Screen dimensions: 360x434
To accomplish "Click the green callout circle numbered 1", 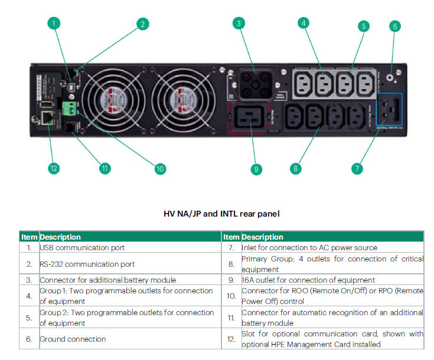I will tap(54, 24).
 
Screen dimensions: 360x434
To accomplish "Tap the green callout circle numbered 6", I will tap(395, 26).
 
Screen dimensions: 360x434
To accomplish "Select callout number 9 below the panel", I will tap(256, 169).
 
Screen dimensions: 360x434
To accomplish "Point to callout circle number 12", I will tap(54, 168).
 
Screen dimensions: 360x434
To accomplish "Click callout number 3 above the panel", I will tap(238, 24).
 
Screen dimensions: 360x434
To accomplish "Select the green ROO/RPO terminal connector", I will tap(70, 107).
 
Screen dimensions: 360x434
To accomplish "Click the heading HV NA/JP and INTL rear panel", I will tap(221, 214).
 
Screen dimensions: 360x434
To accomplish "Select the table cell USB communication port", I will tap(82, 248).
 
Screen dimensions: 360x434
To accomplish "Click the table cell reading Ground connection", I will tap(73, 339).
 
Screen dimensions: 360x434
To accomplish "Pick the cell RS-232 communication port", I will tap(87, 264).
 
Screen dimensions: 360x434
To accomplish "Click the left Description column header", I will tap(60, 237).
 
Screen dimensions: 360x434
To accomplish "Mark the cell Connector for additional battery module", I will tap(107, 280).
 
